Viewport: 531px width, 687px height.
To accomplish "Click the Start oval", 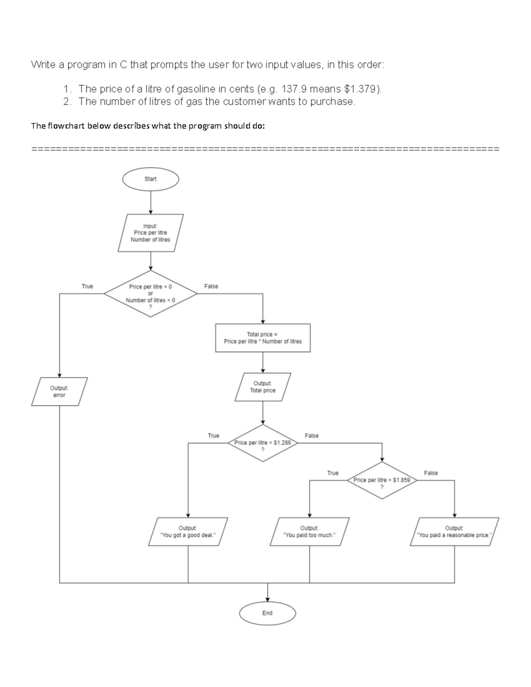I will pos(150,179).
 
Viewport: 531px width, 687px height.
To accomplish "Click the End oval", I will pos(267,613).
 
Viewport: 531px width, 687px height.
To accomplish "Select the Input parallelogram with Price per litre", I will pos(150,233).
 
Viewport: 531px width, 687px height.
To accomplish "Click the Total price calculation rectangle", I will pos(263,338).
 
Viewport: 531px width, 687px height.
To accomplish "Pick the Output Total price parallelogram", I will pos(263,387).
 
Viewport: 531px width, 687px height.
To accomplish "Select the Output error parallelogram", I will pos(59,391).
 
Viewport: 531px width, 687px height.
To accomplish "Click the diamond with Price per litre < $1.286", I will pos(263,443).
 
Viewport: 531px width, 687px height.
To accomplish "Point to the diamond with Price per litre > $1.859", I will pos(382,480).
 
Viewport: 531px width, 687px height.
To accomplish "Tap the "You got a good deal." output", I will pos(188,531).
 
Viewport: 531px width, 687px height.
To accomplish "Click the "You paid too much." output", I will pos(309,531).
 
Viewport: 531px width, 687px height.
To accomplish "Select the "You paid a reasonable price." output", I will pos(454,531).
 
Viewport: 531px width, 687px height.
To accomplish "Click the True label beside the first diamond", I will pos(88,286).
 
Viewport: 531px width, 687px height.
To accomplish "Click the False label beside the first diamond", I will pos(211,286).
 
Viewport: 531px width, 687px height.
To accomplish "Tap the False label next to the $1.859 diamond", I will pos(431,473).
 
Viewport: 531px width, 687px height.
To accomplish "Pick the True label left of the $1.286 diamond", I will pos(213,436).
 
